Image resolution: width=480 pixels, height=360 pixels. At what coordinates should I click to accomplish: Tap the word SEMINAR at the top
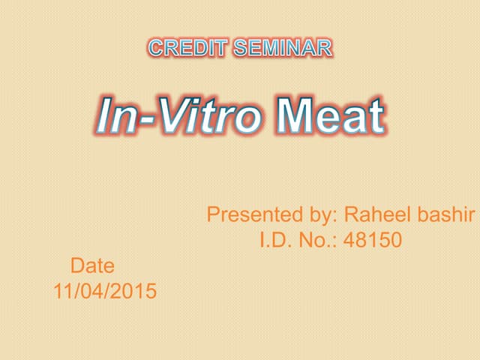pos(283,49)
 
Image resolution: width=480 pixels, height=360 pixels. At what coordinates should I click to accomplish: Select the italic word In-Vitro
pos(179,118)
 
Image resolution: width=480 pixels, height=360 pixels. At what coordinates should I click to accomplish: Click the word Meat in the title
pos(329,118)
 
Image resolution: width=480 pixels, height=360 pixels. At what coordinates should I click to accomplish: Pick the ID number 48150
pos(373,240)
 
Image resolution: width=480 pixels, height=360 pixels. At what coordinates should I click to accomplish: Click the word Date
pos(92,265)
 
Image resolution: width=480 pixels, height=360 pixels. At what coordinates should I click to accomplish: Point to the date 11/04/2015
pos(105,291)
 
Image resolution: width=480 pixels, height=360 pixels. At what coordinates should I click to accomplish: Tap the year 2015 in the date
pos(137,291)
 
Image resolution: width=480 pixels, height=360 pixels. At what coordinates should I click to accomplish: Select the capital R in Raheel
pos(351,215)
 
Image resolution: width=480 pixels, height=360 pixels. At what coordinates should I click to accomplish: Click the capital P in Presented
pos(214,215)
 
